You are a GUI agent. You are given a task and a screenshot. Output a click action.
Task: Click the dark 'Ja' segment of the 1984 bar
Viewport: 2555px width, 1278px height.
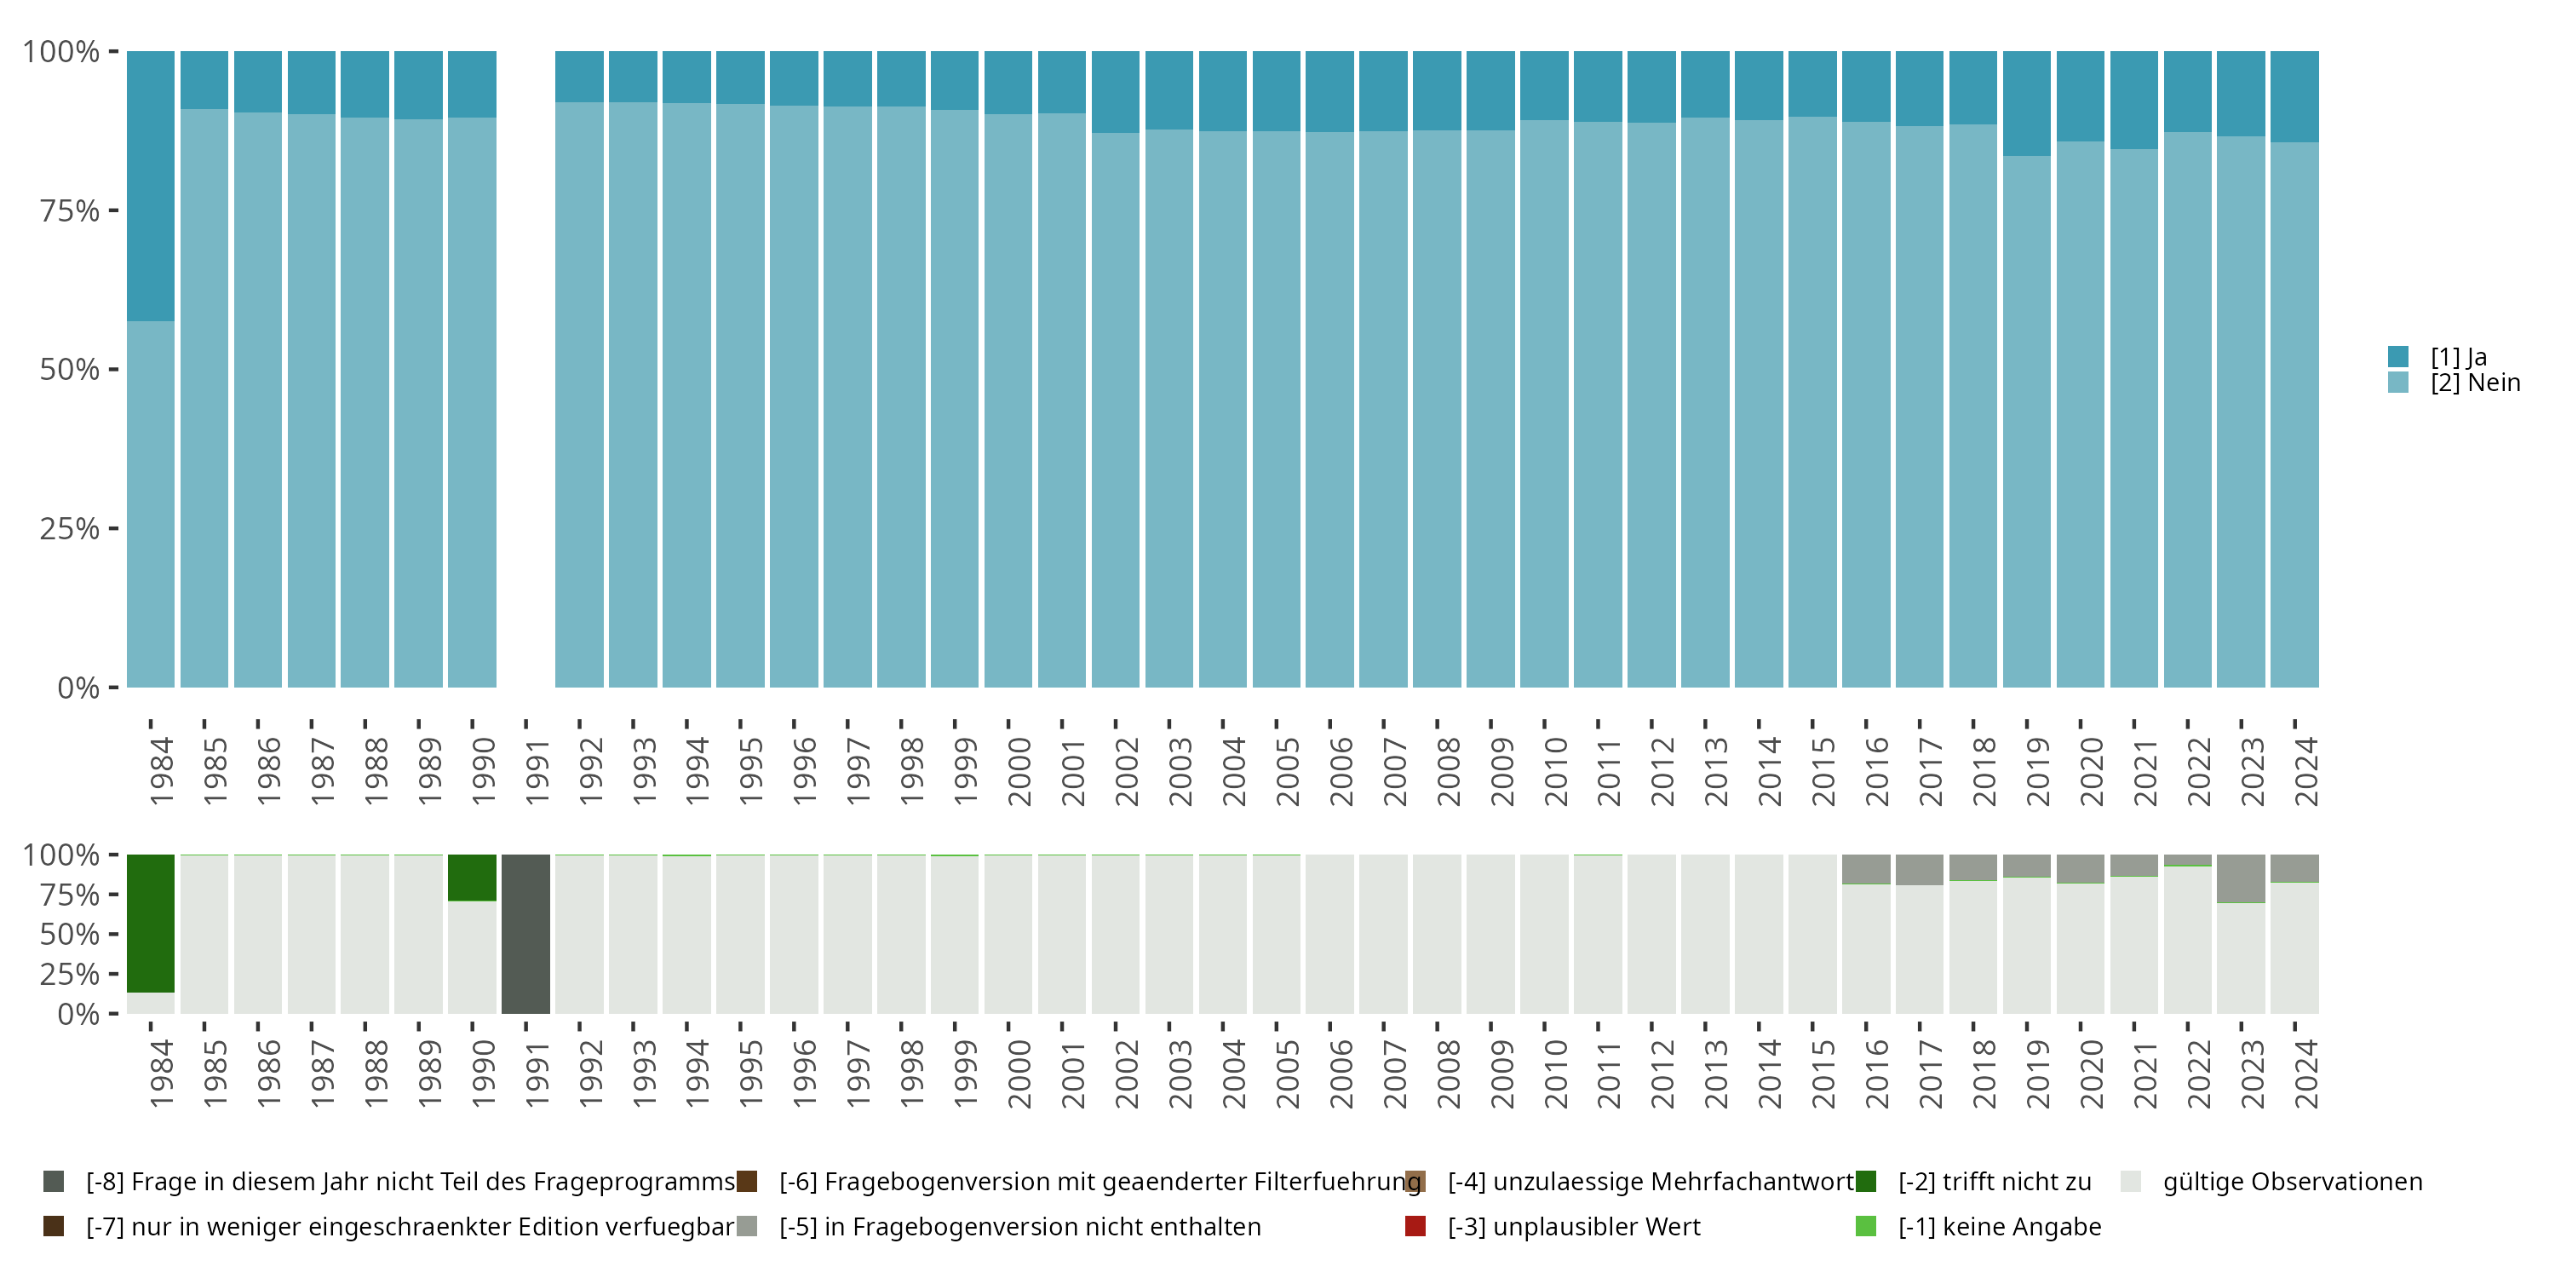151,186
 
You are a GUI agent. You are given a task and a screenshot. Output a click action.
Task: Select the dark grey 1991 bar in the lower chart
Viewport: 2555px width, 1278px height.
525,934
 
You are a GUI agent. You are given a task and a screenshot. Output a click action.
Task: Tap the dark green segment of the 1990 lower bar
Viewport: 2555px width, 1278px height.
472,878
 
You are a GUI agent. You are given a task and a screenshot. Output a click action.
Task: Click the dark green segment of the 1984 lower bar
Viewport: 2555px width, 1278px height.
151,923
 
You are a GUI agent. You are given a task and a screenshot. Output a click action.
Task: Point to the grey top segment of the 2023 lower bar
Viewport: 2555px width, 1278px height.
2241,878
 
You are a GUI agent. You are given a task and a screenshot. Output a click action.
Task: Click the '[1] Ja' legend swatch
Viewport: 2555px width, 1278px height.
2398,356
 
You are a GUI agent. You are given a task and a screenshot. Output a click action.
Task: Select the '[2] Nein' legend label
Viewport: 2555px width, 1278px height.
2475,383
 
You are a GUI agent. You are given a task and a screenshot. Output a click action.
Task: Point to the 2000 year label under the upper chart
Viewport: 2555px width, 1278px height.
1019,771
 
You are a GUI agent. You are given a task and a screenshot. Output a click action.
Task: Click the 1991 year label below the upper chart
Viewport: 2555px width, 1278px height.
537,771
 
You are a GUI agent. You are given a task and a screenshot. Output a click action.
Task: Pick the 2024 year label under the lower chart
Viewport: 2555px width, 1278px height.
2306,1074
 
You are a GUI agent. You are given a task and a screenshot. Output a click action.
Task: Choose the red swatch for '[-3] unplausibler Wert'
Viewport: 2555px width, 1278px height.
1415,1226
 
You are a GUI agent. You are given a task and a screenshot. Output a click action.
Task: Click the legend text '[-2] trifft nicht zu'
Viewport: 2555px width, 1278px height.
1995,1182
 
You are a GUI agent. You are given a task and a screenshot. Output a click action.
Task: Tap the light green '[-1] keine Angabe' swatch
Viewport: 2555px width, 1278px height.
1866,1226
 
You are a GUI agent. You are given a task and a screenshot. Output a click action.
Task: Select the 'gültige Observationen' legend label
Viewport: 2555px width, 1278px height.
2292,1182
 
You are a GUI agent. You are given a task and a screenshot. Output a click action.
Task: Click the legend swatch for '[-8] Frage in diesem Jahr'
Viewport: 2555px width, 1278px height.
54,1182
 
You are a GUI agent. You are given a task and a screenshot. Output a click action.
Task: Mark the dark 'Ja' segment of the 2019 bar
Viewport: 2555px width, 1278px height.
2026,103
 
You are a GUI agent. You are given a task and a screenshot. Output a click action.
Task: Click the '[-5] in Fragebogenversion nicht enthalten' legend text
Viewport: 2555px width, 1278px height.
1019,1226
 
